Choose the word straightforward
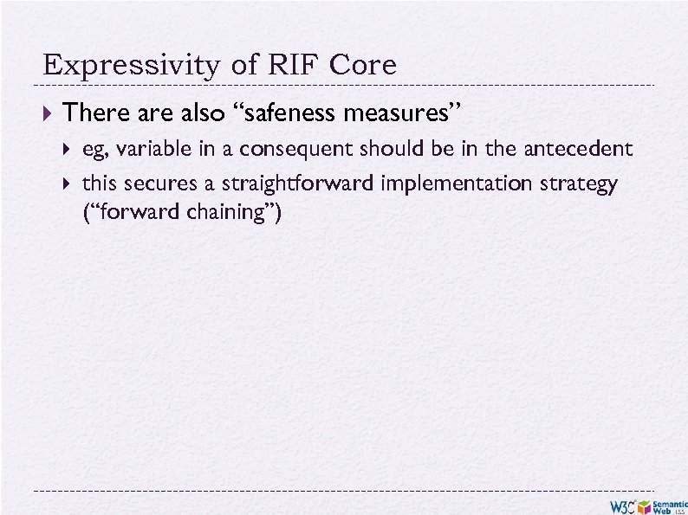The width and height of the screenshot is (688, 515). pyautogui.click(x=299, y=184)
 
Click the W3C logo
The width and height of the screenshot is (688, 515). pyautogui.click(x=621, y=505)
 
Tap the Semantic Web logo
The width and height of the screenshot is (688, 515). pyautogui.click(x=669, y=505)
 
